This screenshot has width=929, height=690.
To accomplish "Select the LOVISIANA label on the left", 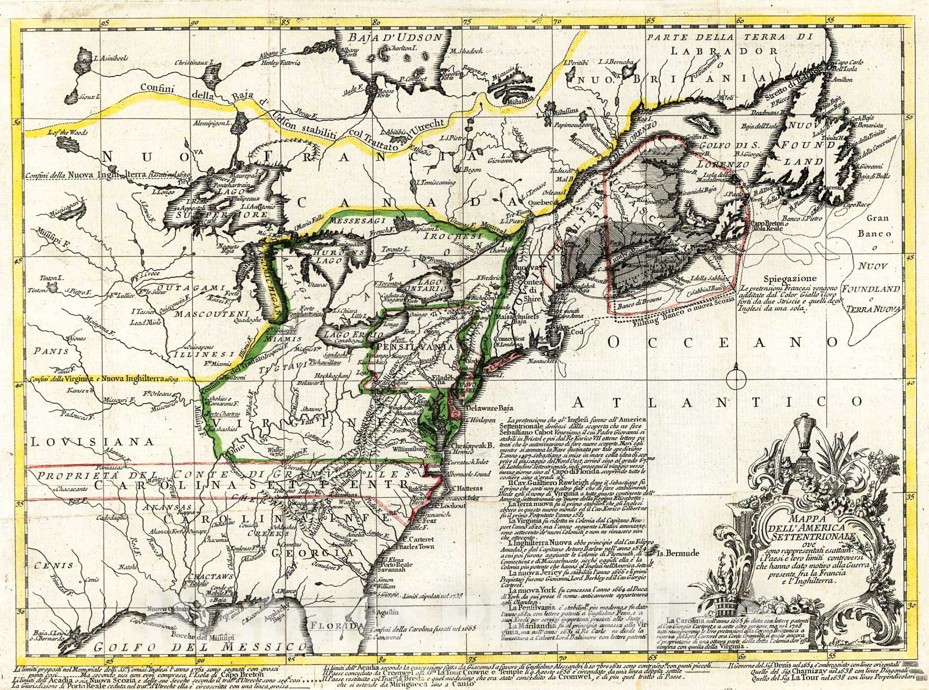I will [x=92, y=442].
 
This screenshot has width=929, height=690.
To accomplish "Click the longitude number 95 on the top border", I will [x=105, y=8].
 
